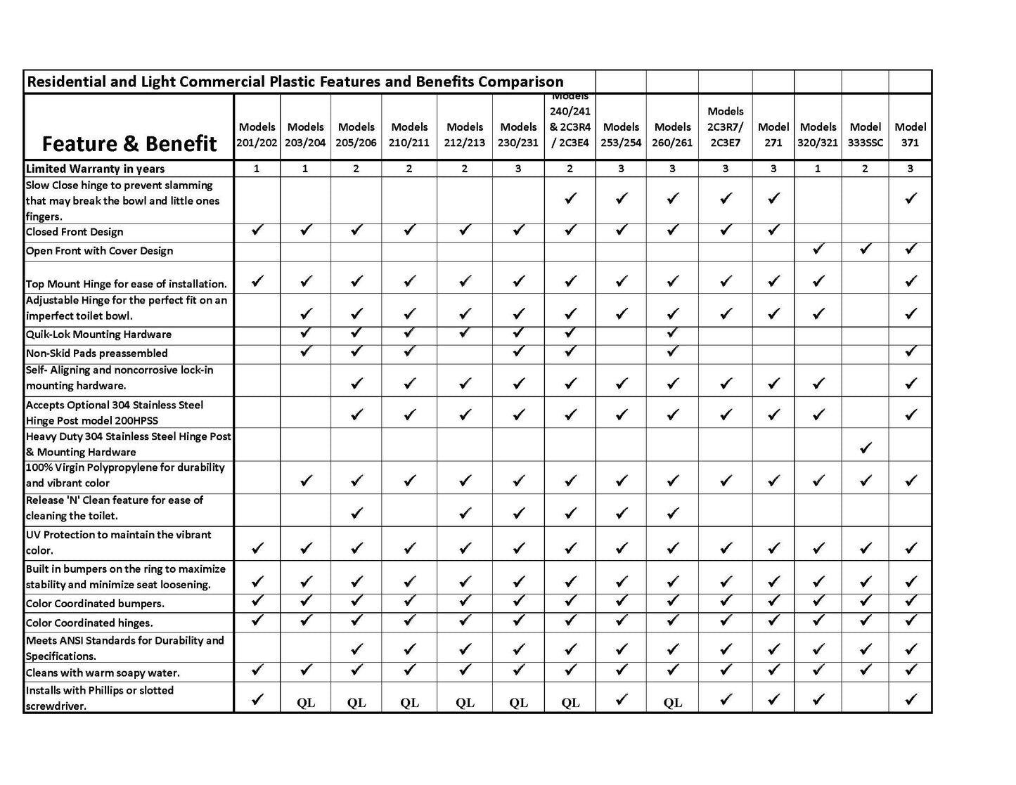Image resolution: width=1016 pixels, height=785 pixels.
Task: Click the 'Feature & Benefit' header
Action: [129, 143]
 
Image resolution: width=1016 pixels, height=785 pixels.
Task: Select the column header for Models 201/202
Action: [257, 134]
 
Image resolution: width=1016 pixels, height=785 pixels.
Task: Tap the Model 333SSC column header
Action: [865, 134]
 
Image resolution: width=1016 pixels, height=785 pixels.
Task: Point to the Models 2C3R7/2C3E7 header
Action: [725, 126]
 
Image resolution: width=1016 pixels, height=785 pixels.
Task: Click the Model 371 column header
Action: [910, 134]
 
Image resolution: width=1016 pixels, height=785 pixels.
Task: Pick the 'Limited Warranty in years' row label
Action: [95, 169]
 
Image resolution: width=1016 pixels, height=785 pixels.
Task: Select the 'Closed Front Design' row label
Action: [75, 232]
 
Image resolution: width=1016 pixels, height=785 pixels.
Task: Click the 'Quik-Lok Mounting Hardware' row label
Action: [98, 335]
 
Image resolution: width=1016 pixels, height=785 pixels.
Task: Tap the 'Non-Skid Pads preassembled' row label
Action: [97, 353]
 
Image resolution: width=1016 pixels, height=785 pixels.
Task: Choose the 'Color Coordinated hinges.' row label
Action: [89, 623]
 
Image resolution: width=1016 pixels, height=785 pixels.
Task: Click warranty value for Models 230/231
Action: [518, 169]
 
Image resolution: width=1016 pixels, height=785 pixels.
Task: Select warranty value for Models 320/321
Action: [817, 169]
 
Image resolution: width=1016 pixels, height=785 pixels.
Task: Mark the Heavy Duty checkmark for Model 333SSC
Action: [866, 448]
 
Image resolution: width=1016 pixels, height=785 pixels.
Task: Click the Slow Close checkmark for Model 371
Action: [911, 199]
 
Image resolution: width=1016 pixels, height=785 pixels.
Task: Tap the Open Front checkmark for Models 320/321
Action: [818, 249]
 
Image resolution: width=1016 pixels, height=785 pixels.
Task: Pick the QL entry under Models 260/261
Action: [672, 702]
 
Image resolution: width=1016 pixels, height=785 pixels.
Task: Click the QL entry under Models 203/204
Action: [306, 702]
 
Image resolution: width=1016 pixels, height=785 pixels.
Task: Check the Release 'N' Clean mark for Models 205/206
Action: [356, 513]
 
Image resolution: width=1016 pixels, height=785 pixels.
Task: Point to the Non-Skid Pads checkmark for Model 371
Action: [911, 351]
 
